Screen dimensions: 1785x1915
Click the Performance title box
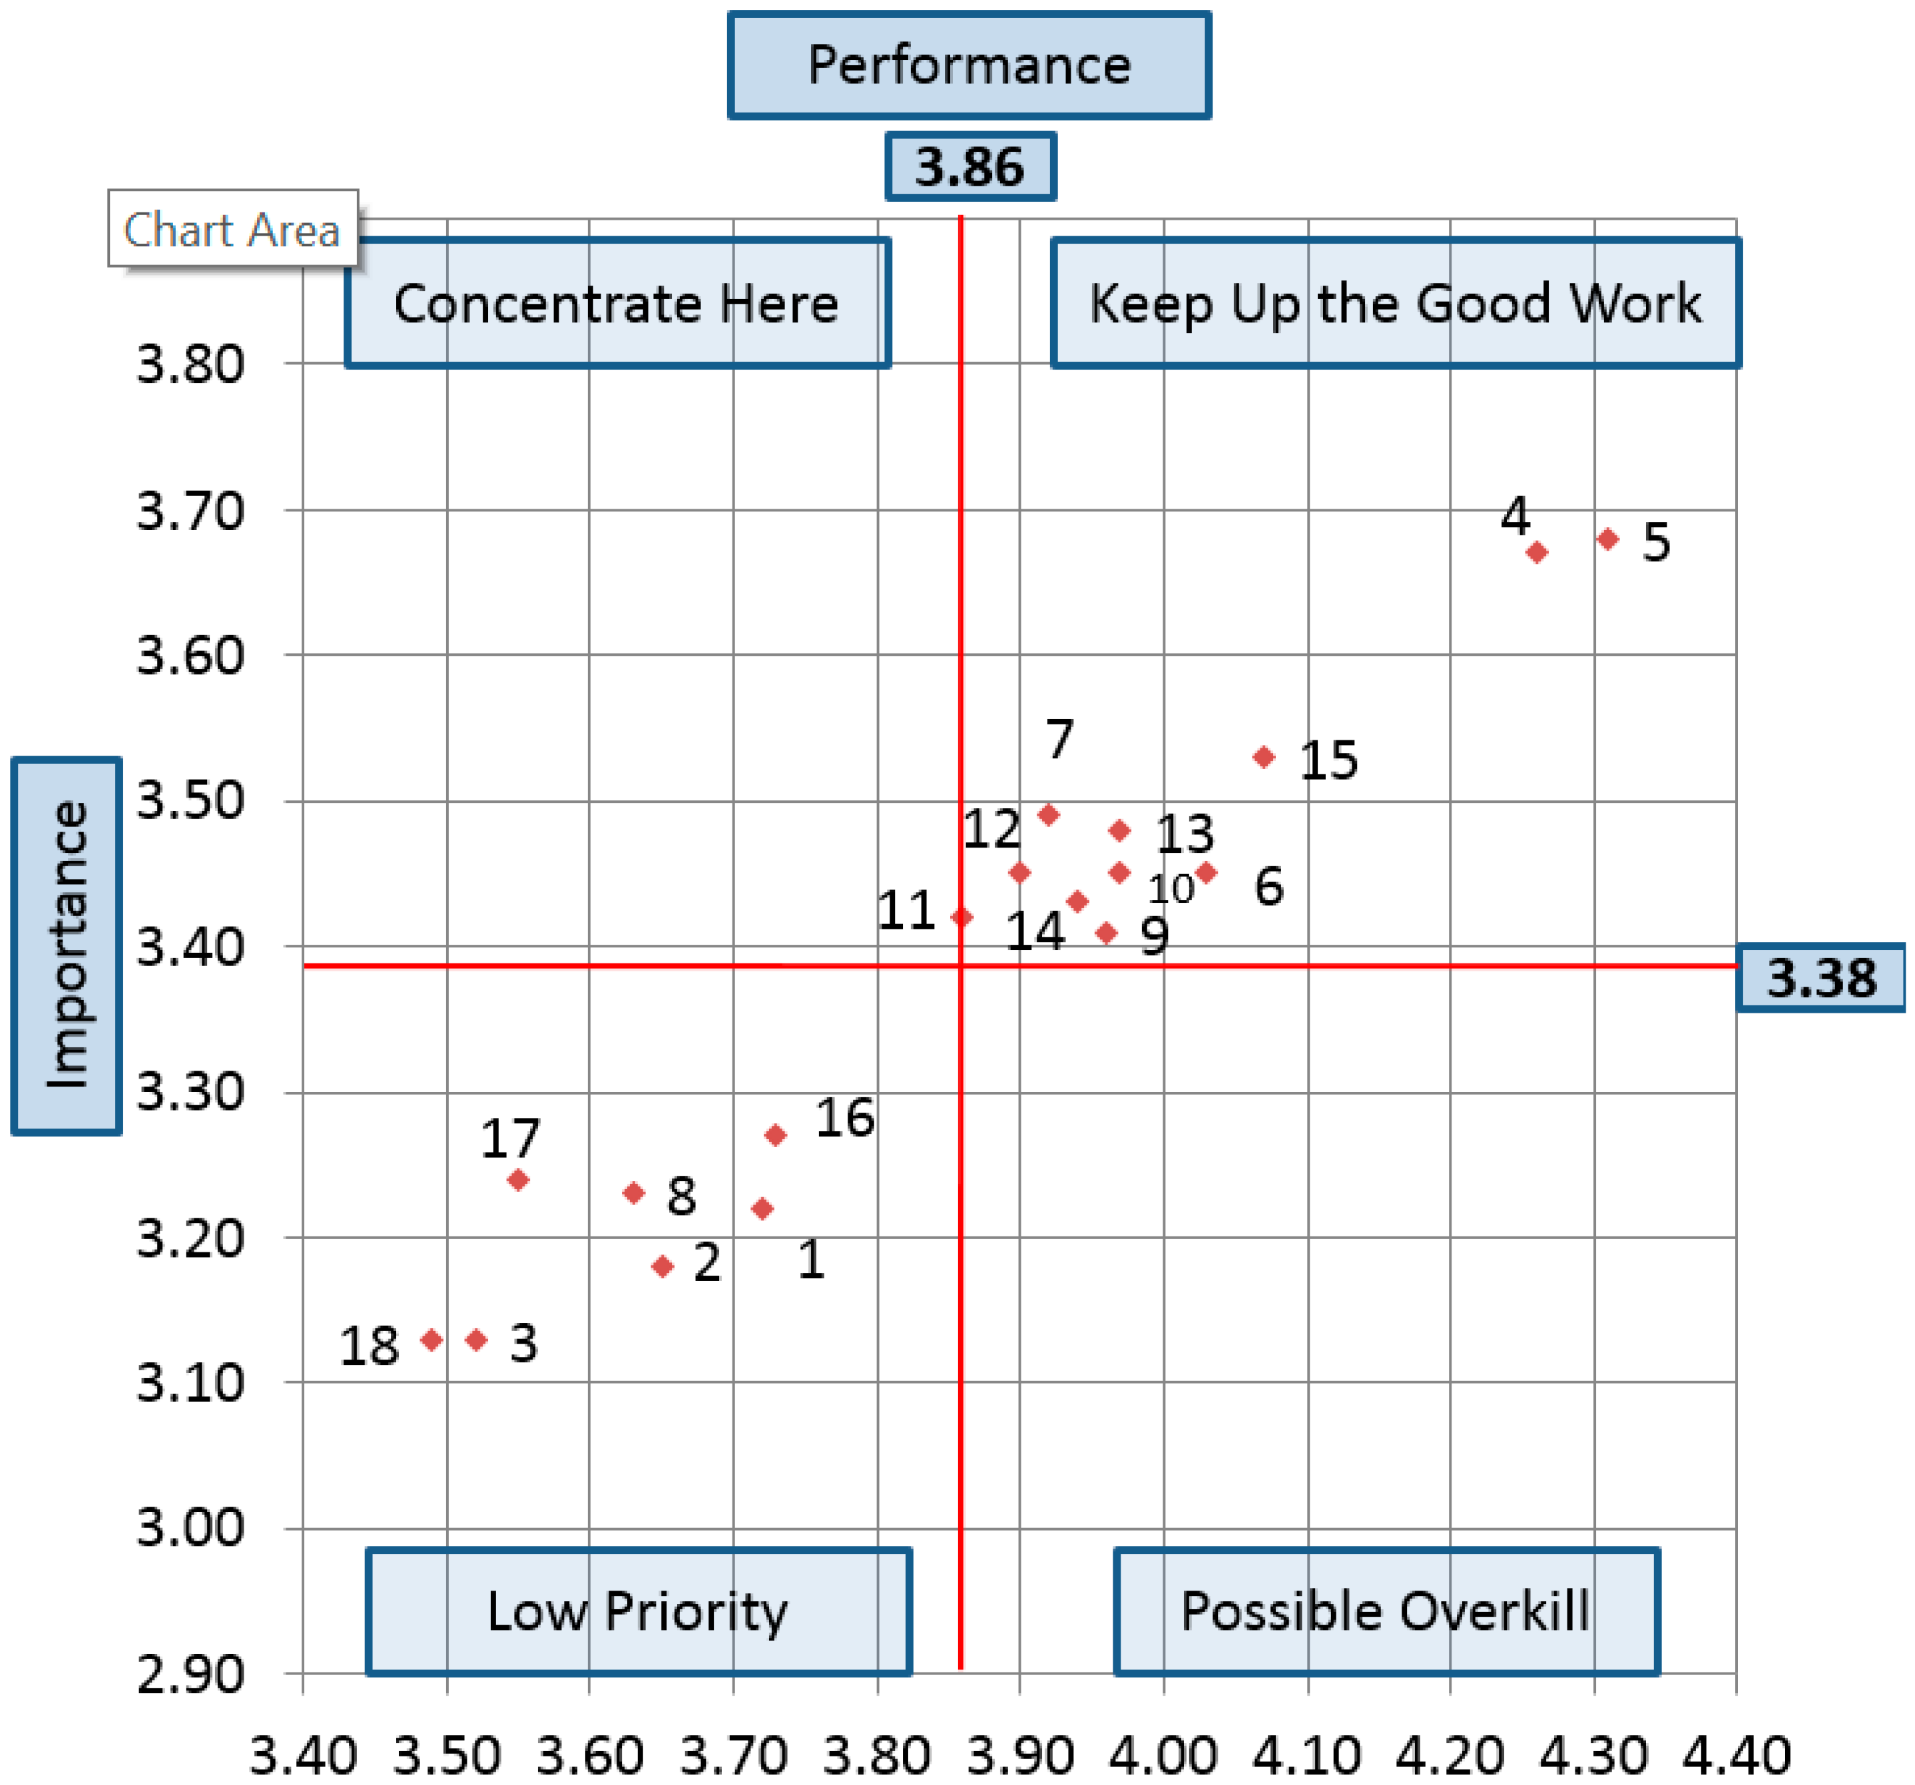(968, 65)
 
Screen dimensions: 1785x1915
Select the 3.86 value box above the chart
(970, 166)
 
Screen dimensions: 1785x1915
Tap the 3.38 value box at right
(1820, 978)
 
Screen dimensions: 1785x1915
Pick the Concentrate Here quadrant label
(617, 304)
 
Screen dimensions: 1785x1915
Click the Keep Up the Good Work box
(1395, 304)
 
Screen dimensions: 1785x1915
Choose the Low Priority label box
(638, 1611)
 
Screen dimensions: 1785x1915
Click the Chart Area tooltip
(232, 229)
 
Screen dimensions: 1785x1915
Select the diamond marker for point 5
(1608, 539)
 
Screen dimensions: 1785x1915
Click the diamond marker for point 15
(1264, 757)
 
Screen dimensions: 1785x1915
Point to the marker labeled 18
(431, 1340)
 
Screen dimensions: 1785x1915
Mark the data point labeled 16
(776, 1135)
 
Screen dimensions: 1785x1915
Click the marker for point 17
(518, 1179)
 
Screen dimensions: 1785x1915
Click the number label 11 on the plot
(906, 910)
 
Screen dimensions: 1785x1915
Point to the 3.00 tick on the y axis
(190, 1528)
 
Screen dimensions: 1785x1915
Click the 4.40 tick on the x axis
(1736, 1754)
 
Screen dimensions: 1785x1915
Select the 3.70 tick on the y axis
(190, 511)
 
